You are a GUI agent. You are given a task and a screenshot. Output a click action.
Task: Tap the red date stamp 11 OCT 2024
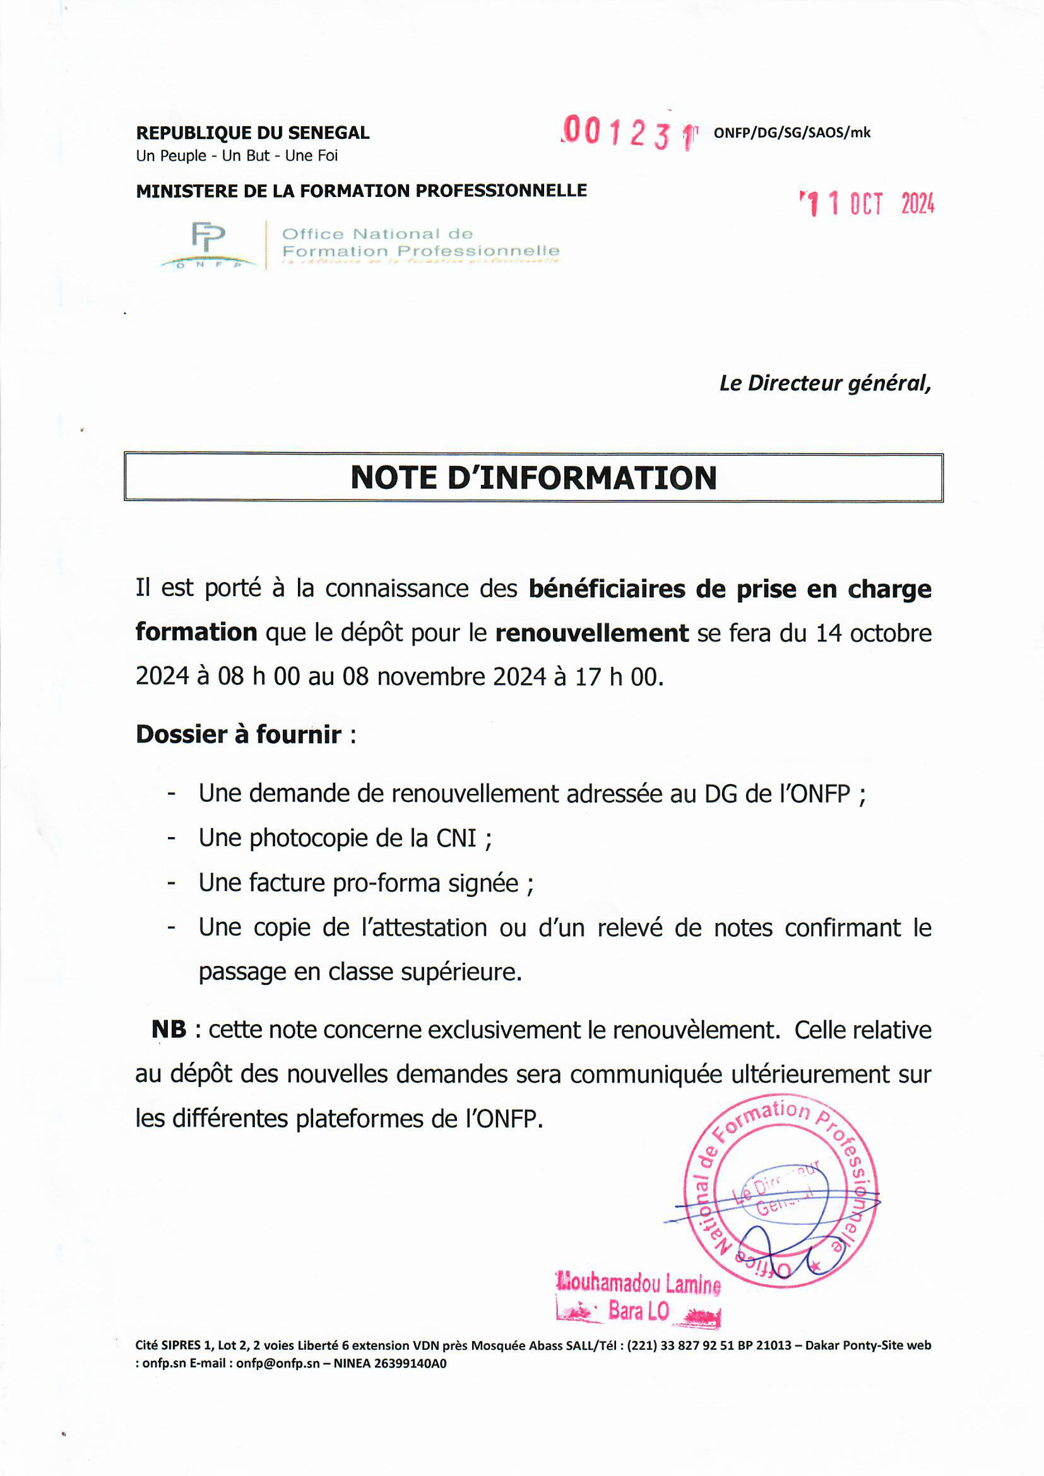coord(867,204)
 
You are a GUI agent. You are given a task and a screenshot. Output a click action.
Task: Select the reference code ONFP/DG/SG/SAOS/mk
coord(792,133)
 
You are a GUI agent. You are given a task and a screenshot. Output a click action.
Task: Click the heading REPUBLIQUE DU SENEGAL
coord(252,133)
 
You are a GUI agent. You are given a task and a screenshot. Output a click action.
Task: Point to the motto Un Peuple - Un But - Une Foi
coord(237,155)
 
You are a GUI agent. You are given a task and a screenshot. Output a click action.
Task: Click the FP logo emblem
coord(208,239)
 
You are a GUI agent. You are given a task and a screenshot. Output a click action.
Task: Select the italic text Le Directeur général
coord(825,383)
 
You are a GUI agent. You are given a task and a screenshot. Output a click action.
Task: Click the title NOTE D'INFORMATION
coord(533,478)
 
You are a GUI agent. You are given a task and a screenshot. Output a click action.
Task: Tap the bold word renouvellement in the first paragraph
coord(591,633)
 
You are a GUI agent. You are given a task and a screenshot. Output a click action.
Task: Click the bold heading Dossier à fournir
coord(239,734)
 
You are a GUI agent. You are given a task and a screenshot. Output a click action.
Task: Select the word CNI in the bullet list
coord(456,838)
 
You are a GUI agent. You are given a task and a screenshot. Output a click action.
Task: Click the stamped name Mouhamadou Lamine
coord(638,1284)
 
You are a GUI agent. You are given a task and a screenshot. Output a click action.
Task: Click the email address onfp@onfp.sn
coord(278,1364)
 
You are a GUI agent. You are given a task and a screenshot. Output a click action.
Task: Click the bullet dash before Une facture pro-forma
coord(171,883)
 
